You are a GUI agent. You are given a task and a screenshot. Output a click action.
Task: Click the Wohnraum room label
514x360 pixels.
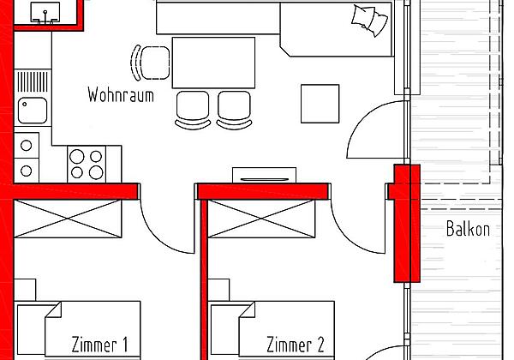point(120,95)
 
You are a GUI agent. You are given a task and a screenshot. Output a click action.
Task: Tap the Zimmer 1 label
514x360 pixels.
point(99,345)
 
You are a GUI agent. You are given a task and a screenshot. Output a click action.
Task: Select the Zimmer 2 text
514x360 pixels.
point(295,345)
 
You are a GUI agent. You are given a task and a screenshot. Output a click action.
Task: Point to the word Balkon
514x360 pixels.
point(468,229)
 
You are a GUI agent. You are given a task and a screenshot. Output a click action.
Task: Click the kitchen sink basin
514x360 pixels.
point(35,109)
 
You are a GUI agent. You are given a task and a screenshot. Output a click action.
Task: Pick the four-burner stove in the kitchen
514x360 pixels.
point(87,164)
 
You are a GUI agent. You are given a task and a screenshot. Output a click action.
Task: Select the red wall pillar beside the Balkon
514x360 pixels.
point(406,223)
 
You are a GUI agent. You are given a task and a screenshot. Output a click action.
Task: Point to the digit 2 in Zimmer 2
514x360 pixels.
point(320,345)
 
